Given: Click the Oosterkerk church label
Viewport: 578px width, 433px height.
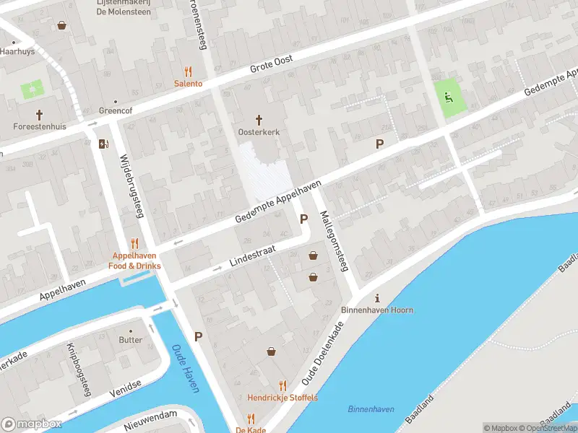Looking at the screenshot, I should click(x=259, y=132).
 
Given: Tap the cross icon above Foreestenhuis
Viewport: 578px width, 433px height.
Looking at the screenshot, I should click(x=40, y=115).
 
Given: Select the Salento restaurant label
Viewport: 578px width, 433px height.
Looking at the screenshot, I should click(x=188, y=83).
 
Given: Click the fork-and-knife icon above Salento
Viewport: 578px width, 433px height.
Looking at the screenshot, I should click(x=189, y=71).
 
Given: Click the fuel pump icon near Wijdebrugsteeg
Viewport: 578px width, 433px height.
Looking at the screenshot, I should click(x=104, y=143).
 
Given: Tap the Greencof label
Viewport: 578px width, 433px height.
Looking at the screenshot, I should click(x=114, y=112).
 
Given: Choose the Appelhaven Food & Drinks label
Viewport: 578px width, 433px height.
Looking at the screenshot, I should click(x=135, y=261).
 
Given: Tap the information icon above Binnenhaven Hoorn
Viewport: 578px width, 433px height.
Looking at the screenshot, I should click(x=376, y=298).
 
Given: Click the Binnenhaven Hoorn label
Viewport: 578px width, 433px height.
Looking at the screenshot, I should click(x=376, y=310).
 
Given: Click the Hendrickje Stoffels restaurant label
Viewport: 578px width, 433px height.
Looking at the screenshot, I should click(x=282, y=398).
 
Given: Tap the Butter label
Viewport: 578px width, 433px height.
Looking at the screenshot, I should click(x=131, y=339).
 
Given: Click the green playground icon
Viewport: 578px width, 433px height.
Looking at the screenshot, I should click(x=449, y=98).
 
